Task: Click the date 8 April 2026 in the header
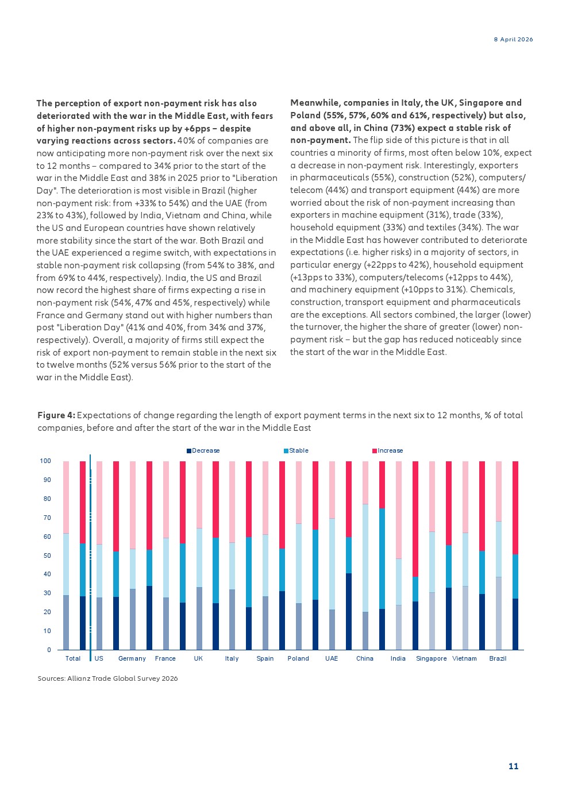[513, 40]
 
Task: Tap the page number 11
[513, 766]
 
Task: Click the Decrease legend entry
[203, 450]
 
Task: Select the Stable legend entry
[296, 450]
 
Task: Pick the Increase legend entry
[387, 450]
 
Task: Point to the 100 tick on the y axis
[45, 461]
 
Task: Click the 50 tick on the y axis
[47, 556]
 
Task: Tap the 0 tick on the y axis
[49, 650]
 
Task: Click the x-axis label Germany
[132, 658]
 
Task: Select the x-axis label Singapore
[431, 658]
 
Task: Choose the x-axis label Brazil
[498, 658]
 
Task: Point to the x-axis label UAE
[332, 658]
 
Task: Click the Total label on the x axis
[73, 658]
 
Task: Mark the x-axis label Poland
[298, 658]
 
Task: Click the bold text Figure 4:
[56, 415]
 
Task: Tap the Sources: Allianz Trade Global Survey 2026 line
[107, 678]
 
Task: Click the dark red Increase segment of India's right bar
[415, 519]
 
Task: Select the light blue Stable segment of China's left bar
[365, 558]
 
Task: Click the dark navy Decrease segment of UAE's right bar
[349, 612]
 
